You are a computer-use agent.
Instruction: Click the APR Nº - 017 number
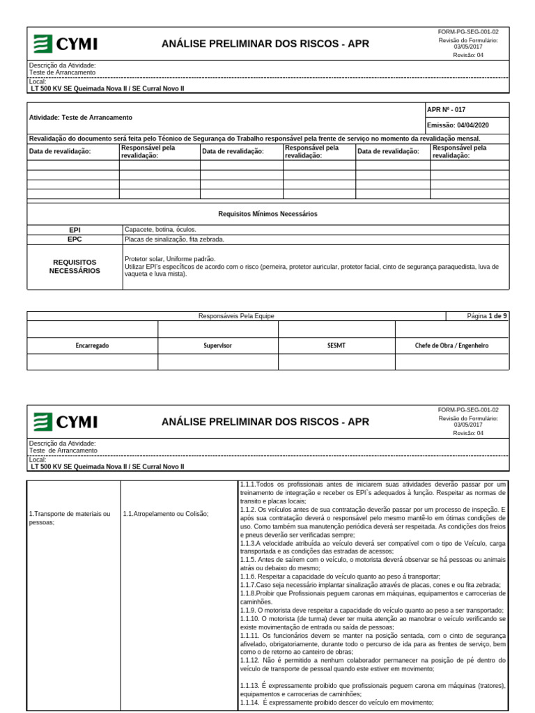[x=446, y=110]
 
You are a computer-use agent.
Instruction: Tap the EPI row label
[x=75, y=229]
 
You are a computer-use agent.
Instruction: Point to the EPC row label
[x=75, y=239]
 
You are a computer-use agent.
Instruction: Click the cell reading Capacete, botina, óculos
[x=160, y=229]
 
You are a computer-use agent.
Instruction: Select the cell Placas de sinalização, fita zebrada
[x=174, y=239]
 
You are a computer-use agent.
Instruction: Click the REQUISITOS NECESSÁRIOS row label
[x=75, y=266]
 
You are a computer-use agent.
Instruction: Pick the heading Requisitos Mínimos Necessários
[x=267, y=214]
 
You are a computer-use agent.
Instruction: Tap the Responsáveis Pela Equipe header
[x=236, y=316]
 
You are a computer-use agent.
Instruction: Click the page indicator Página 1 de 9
[x=487, y=316]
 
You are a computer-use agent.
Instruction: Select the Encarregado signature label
[x=92, y=345]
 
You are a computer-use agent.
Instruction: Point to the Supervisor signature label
[x=217, y=345]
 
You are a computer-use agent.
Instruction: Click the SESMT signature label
[x=336, y=345]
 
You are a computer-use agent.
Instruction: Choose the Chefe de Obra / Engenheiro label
[x=451, y=345]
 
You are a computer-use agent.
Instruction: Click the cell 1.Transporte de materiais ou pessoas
[x=70, y=518]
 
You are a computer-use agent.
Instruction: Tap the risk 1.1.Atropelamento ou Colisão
[x=165, y=514]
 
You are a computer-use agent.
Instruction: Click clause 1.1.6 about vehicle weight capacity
[x=340, y=577]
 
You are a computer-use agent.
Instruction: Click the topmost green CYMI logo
[x=66, y=45]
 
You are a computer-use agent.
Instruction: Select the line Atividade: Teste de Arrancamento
[x=81, y=118]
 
